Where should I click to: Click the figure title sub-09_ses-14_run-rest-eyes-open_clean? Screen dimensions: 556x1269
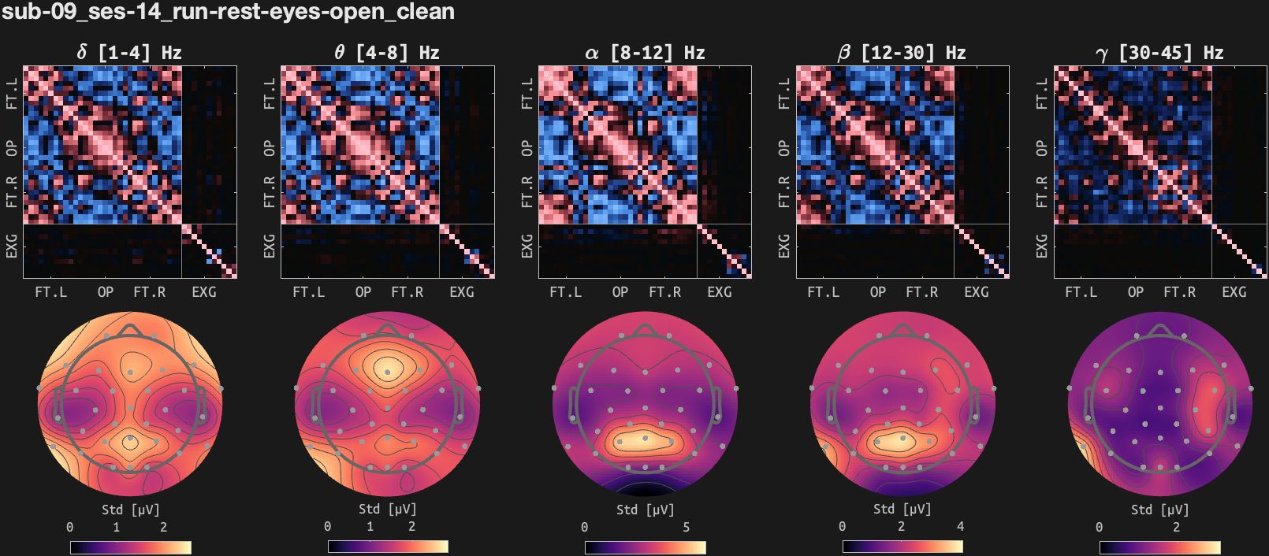[228, 12]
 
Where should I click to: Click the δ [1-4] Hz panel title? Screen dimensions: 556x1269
[129, 53]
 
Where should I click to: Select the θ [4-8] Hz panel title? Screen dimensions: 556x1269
[386, 53]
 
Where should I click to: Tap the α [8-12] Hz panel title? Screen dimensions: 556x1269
[644, 53]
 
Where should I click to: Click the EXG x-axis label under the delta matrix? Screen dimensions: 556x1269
[204, 292]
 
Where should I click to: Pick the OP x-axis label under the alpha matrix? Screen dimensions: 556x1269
[620, 292]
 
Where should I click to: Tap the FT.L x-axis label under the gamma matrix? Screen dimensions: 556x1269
[1081, 292]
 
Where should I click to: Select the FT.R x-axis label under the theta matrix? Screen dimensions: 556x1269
[407, 292]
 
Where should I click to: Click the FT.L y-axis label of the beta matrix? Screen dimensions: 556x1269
[783, 93]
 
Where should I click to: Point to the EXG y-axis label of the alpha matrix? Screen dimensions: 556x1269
[527, 246]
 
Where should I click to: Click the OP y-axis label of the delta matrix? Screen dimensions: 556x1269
[12, 147]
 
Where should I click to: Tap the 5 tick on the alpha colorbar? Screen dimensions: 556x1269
[686, 527]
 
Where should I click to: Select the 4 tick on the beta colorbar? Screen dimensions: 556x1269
[960, 526]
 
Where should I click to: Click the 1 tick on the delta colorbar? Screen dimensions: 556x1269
[116, 527]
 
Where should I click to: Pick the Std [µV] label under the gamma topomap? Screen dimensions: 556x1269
[1159, 510]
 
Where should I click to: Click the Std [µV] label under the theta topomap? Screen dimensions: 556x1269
[387, 509]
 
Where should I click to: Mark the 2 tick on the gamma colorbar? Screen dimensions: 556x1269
[1176, 527]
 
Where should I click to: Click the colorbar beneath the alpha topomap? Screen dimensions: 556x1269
[645, 547]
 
